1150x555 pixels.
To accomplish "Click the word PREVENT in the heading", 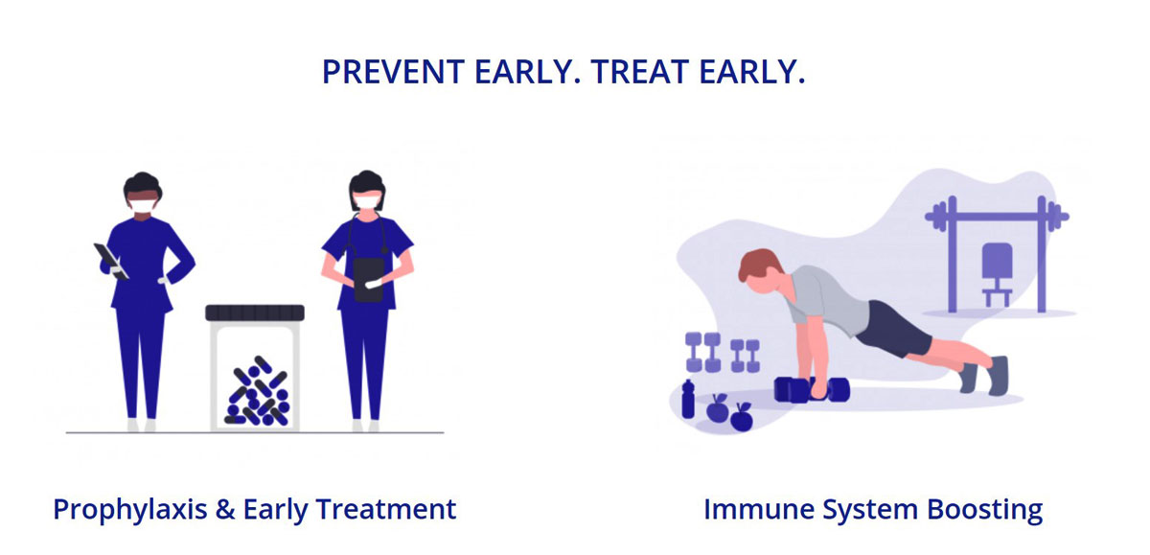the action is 393,72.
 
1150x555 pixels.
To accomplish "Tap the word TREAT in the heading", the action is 639,72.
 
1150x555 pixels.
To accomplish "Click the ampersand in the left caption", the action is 225,509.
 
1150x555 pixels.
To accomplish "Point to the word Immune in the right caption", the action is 759,509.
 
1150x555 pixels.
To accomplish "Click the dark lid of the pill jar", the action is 255,312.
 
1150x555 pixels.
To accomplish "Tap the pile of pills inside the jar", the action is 257,391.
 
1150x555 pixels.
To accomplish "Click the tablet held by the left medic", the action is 111,262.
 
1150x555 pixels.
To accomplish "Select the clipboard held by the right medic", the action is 369,280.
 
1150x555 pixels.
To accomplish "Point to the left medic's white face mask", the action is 143,205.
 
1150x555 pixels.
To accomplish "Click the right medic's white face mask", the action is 368,200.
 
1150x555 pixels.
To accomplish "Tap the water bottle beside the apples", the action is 688,400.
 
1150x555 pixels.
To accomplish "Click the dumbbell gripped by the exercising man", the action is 812,390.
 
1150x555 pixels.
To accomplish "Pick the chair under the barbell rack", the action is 997,275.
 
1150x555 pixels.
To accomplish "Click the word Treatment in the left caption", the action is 385,509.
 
